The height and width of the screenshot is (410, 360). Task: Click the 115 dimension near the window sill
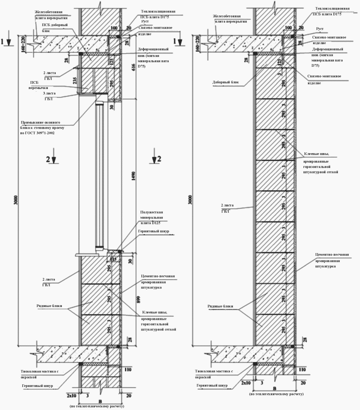click(x=113, y=259)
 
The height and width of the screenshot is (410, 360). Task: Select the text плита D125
click(x=151, y=223)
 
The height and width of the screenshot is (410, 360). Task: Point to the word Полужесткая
click(x=152, y=212)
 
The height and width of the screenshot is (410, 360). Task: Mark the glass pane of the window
click(x=100, y=174)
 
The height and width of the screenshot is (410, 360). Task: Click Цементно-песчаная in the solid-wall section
click(x=332, y=255)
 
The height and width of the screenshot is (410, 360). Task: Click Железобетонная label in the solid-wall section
click(x=227, y=16)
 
